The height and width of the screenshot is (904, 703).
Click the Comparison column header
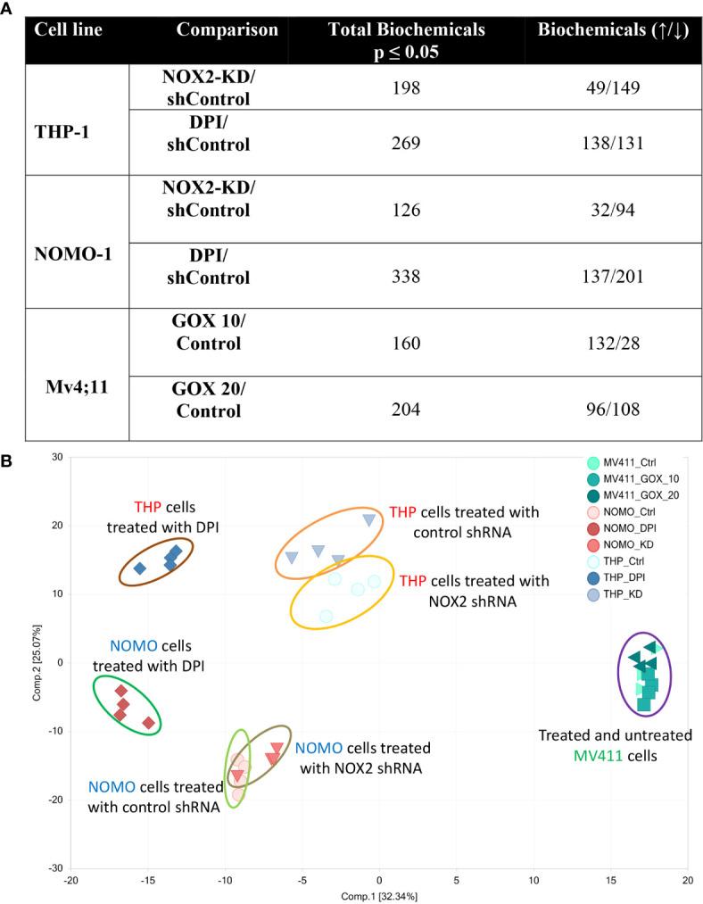(x=227, y=29)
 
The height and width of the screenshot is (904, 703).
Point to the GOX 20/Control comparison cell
(x=211, y=401)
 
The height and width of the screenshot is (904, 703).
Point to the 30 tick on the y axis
(x=58, y=457)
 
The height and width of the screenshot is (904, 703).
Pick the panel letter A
(x=8, y=8)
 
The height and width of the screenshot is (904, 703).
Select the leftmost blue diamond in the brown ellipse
(x=139, y=568)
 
